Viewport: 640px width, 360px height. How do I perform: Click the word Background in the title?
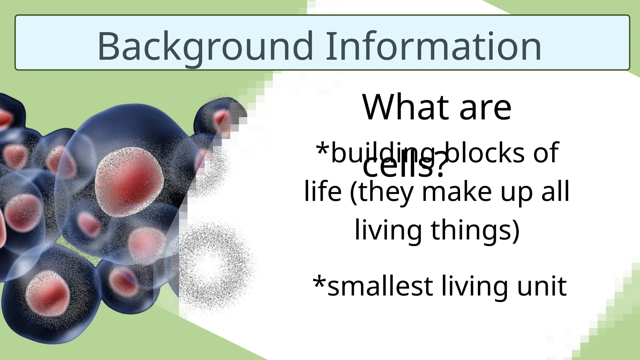205,46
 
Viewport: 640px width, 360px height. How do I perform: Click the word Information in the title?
433,46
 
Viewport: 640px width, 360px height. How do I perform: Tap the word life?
322,191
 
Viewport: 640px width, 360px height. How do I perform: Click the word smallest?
380,286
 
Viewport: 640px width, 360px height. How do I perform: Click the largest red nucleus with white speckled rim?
130,182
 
